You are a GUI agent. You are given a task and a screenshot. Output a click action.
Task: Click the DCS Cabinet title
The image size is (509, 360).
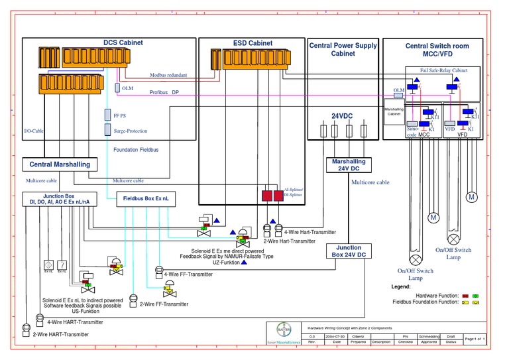click(x=122, y=43)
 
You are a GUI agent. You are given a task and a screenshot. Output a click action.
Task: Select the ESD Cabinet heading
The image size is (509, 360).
click(x=253, y=43)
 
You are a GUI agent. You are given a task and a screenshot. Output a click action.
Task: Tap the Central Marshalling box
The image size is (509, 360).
click(x=60, y=164)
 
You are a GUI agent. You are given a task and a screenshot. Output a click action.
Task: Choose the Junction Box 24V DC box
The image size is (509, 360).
click(x=349, y=251)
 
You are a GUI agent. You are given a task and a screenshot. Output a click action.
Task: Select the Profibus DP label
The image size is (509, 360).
click(x=164, y=93)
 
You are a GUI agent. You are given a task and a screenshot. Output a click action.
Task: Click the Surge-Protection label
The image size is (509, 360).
click(x=126, y=131)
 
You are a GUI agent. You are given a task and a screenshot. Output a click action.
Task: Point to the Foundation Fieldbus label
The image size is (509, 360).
click(x=136, y=150)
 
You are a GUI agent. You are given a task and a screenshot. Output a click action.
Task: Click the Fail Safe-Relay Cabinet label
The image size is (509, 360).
click(x=443, y=70)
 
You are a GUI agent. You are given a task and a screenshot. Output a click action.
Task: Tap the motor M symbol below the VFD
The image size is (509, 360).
click(x=472, y=197)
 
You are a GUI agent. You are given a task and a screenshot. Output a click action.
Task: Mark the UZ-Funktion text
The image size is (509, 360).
click(x=226, y=263)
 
